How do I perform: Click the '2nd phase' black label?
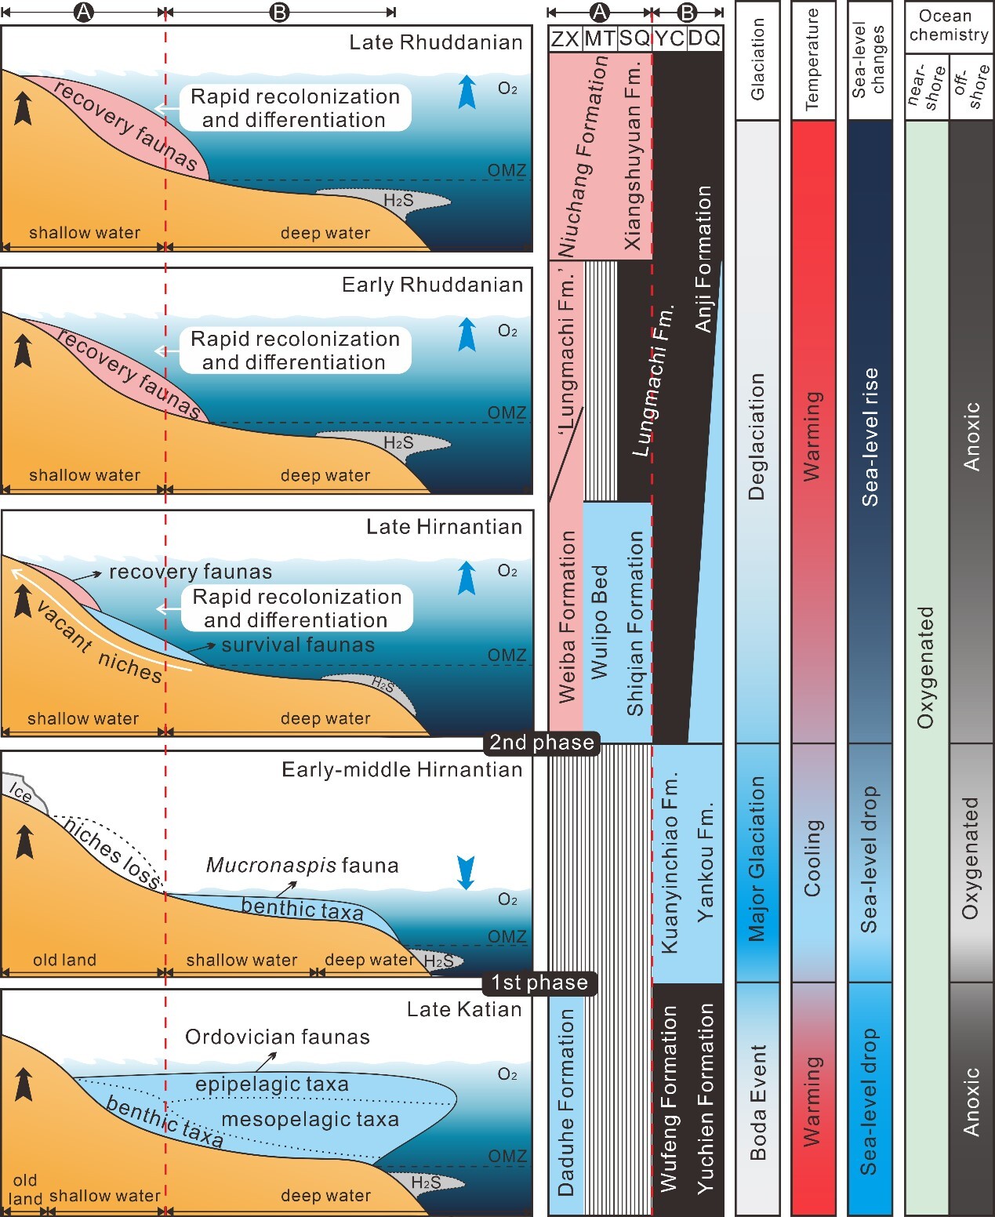[x=542, y=743]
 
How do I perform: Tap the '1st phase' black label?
[x=539, y=983]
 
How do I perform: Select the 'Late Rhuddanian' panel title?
[x=436, y=42]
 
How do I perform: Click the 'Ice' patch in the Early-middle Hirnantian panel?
[x=22, y=793]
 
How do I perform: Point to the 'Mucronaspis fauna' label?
[x=302, y=866]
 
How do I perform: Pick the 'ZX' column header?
[x=565, y=39]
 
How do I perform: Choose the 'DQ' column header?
[x=704, y=39]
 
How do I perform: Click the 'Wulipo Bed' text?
[x=599, y=622]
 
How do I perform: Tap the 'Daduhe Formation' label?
[x=565, y=1102]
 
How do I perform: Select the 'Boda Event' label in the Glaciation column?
[x=757, y=1102]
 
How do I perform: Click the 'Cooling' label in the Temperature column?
[x=813, y=859]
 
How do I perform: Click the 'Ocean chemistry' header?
[x=948, y=26]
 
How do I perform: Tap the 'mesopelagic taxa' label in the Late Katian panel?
[x=310, y=1119]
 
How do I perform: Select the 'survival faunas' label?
[x=298, y=645]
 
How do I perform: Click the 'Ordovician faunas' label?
[x=278, y=1037]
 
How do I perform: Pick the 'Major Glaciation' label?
[x=757, y=859]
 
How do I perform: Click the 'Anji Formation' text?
[x=703, y=259]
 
